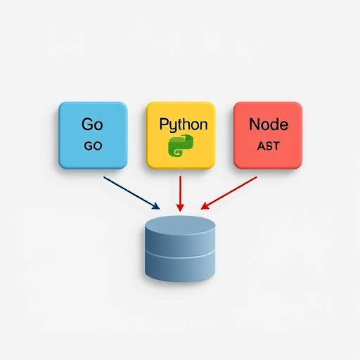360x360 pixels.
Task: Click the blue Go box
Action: coord(93,135)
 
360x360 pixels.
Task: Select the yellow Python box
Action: coord(181,135)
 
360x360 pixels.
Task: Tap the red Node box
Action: coord(268,135)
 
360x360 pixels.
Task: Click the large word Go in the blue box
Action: coord(92,124)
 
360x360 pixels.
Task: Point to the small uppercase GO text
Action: coord(93,146)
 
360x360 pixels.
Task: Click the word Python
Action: coord(184,124)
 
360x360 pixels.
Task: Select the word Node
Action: coord(269,124)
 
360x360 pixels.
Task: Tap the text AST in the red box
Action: coord(269,146)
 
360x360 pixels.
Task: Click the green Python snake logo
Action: coord(181,146)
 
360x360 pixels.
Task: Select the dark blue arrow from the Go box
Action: coord(131,193)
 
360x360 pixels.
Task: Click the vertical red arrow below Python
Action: coord(180,193)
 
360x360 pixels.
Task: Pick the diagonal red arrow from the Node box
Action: coord(229,193)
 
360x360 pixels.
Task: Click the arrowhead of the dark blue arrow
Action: coord(156,206)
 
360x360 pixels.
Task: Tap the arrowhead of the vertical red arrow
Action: coord(180,207)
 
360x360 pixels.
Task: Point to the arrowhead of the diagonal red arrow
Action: coord(205,206)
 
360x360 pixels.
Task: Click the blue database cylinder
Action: coord(180,248)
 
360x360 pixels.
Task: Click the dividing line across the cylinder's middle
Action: coord(180,255)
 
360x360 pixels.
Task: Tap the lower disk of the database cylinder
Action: coord(180,267)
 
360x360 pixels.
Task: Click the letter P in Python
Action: coord(163,124)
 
